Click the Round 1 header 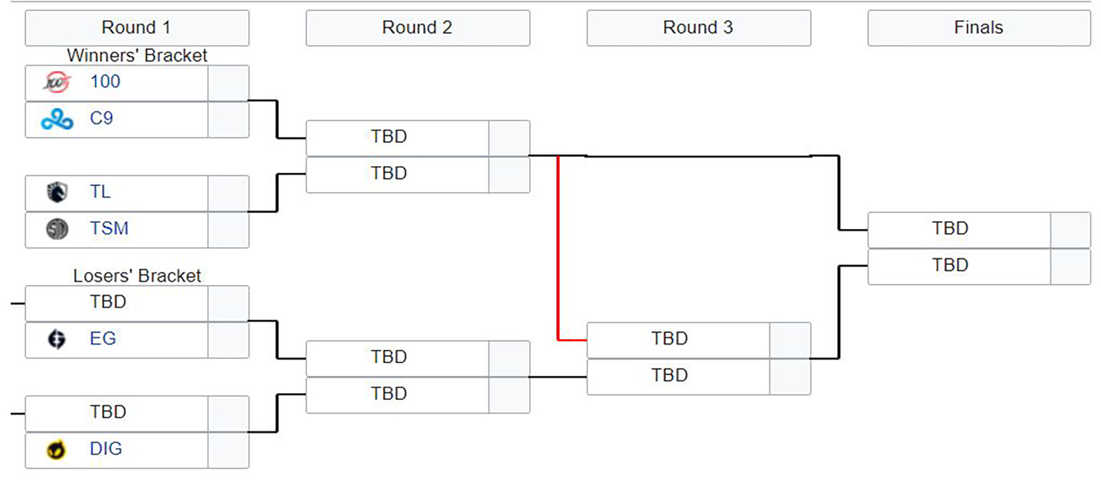tap(137, 28)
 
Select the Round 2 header tap(417, 28)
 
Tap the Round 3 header tap(698, 28)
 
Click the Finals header tap(978, 28)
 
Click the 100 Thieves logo tap(57, 83)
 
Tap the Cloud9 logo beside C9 tap(57, 119)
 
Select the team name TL tap(100, 192)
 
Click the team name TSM tap(109, 229)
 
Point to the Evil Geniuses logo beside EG tap(57, 339)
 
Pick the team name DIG tap(105, 449)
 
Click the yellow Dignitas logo tap(57, 450)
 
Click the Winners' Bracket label tap(137, 55)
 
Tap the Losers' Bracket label tap(137, 276)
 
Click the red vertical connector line tap(558, 247)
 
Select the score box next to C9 tap(228, 120)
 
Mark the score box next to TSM tap(228, 230)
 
